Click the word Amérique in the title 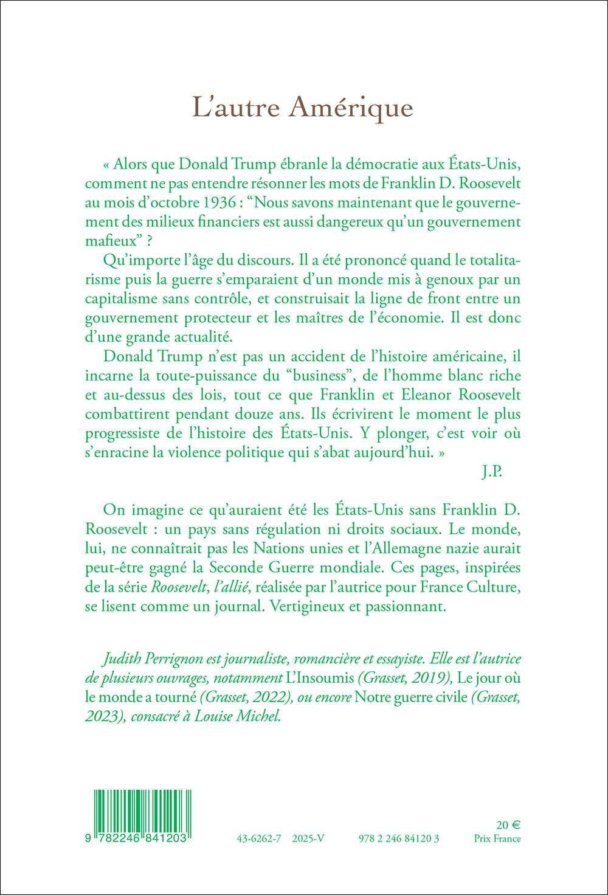[351, 108]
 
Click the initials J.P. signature [492, 472]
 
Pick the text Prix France [497, 838]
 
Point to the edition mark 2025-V [308, 838]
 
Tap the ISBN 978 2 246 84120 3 [399, 838]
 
